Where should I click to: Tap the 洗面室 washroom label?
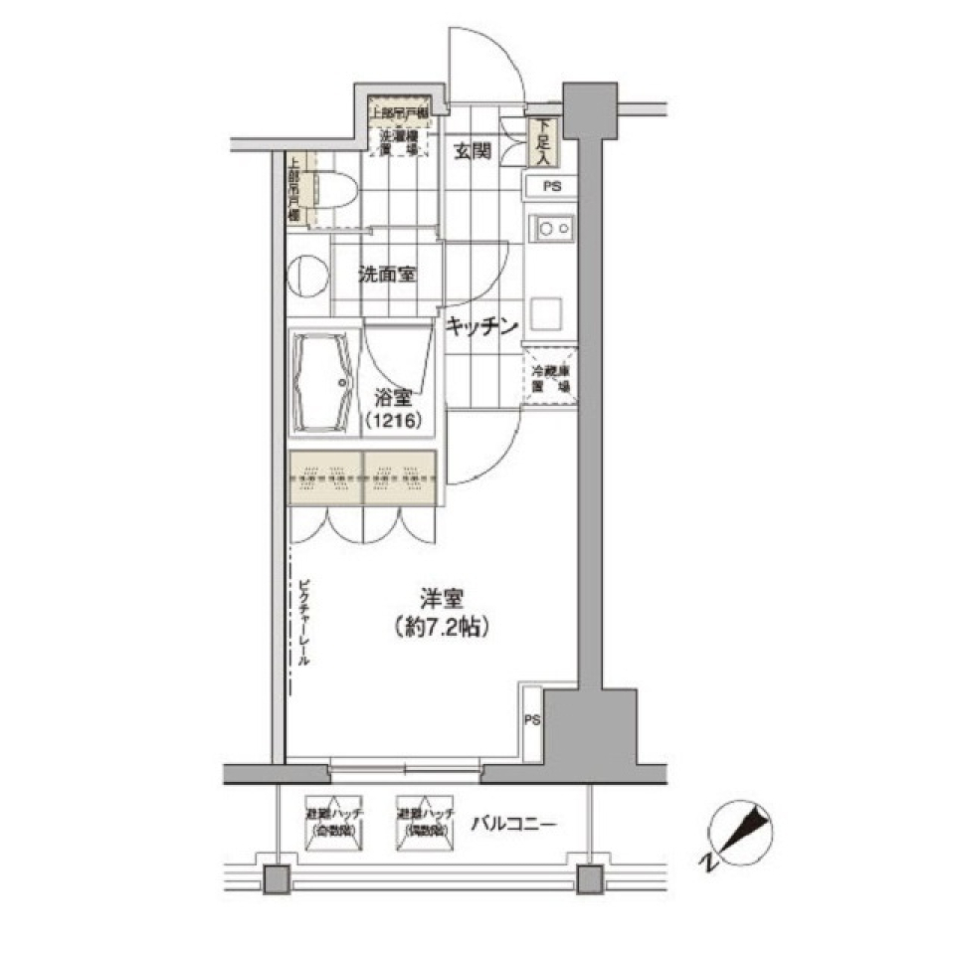387,276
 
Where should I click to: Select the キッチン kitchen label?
482,325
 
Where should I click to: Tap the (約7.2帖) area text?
439,628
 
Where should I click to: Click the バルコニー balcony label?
513,824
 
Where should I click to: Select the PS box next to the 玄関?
550,186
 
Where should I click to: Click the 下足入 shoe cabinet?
542,141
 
